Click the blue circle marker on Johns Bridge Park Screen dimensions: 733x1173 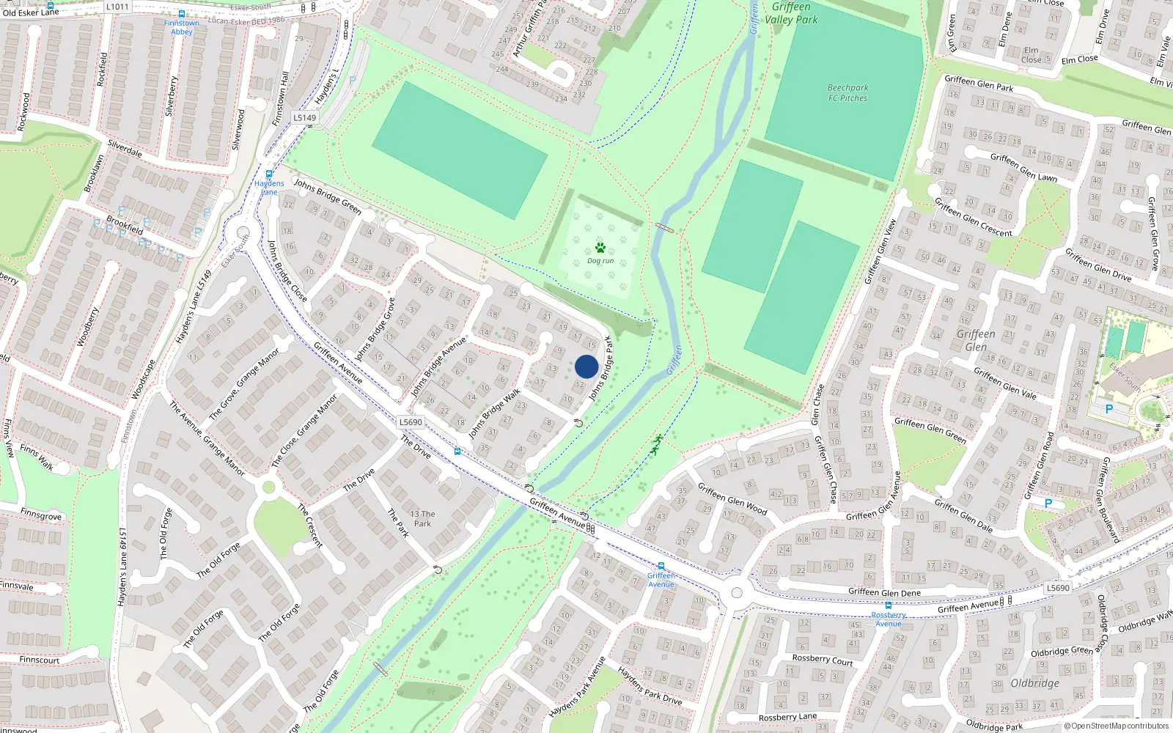click(x=586, y=366)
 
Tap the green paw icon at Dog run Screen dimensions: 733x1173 click(x=600, y=248)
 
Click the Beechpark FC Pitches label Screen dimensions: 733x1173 click(x=847, y=93)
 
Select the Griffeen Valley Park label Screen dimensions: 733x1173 click(x=791, y=13)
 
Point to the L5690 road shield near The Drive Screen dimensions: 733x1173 click(x=411, y=422)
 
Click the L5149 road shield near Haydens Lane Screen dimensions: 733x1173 click(x=305, y=117)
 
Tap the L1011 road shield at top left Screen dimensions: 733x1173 click(x=117, y=7)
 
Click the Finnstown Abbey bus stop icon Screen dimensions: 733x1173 click(x=182, y=14)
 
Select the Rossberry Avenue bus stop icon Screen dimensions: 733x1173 click(x=889, y=605)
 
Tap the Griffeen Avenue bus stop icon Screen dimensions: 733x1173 click(x=661, y=566)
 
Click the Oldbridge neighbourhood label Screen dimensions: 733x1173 click(x=1034, y=683)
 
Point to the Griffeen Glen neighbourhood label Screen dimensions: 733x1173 click(x=976, y=340)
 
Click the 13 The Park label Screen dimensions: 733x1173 click(x=422, y=519)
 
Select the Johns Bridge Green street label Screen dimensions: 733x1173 click(x=328, y=196)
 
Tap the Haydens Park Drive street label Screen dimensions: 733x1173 click(x=650, y=686)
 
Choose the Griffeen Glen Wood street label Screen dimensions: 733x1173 click(x=732, y=498)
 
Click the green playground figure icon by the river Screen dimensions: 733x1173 click(x=657, y=445)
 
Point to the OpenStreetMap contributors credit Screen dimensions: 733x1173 click(x=1117, y=726)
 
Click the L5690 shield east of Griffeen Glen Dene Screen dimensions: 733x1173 click(x=1058, y=588)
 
